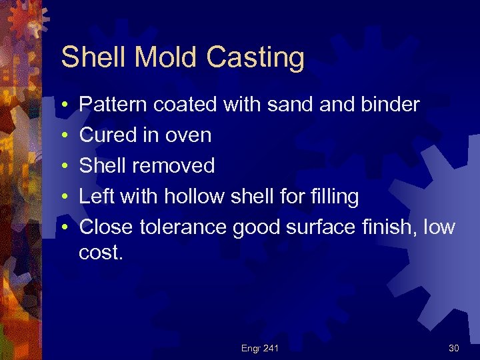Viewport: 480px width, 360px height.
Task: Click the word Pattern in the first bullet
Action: coord(113,105)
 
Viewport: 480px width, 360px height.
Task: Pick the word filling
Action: coord(333,197)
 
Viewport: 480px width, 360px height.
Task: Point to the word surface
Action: coord(316,227)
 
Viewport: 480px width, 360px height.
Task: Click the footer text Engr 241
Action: coord(260,348)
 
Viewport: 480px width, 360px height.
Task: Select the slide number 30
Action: coord(454,348)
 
